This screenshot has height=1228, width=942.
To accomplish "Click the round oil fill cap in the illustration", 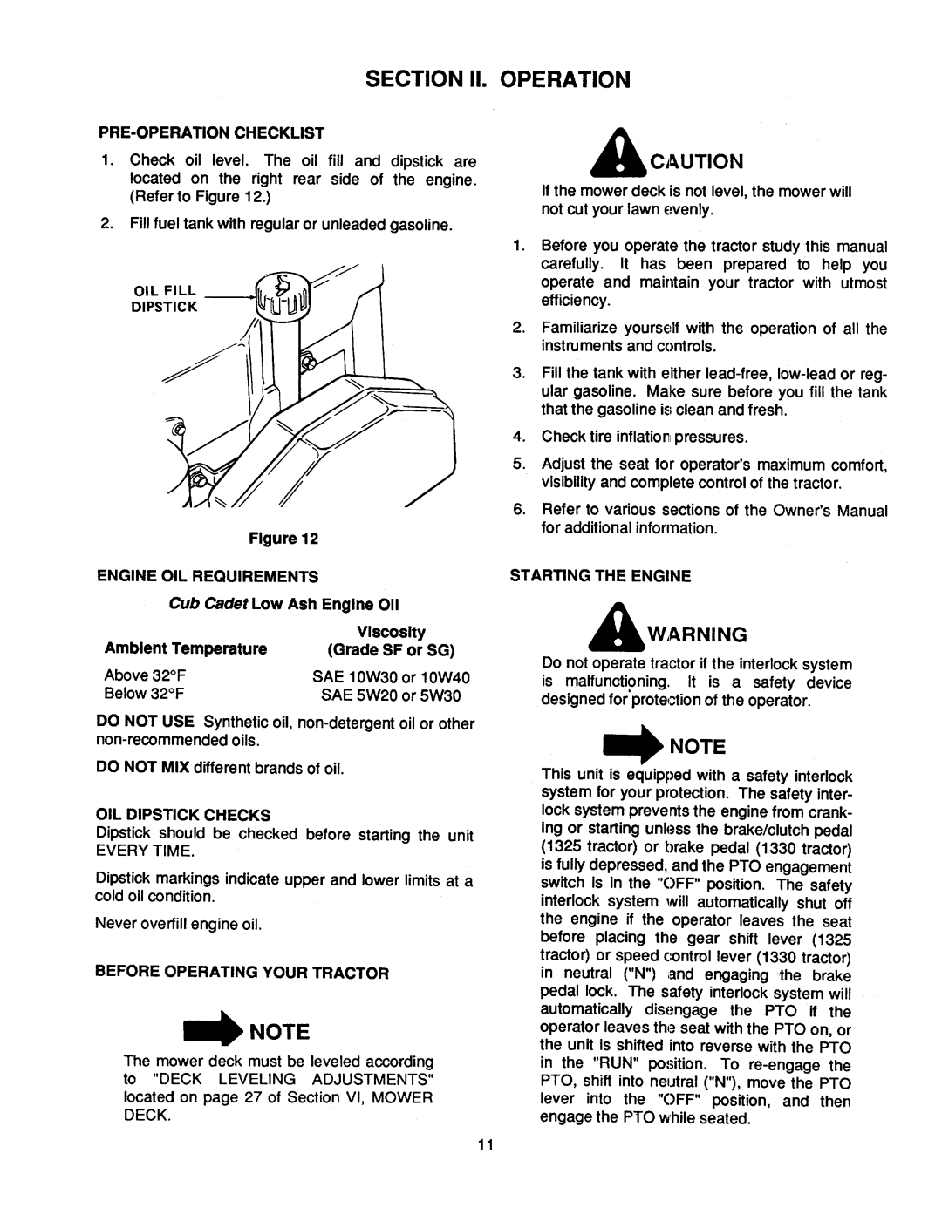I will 278,298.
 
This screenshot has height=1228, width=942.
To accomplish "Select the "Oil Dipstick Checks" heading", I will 182,815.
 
